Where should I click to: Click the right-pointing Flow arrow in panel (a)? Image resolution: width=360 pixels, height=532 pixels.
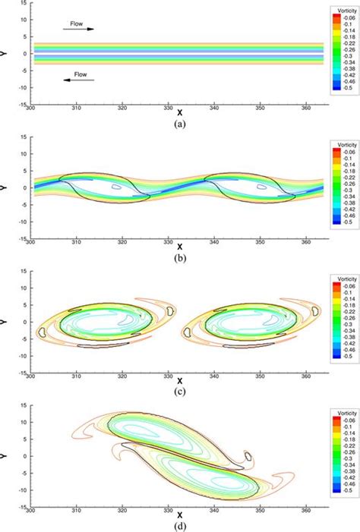(x=84, y=29)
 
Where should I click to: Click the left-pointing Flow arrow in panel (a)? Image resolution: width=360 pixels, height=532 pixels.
(x=84, y=79)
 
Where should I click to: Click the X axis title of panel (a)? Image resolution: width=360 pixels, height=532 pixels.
(x=179, y=110)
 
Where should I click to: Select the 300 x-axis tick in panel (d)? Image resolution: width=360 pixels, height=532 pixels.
(x=31, y=506)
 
